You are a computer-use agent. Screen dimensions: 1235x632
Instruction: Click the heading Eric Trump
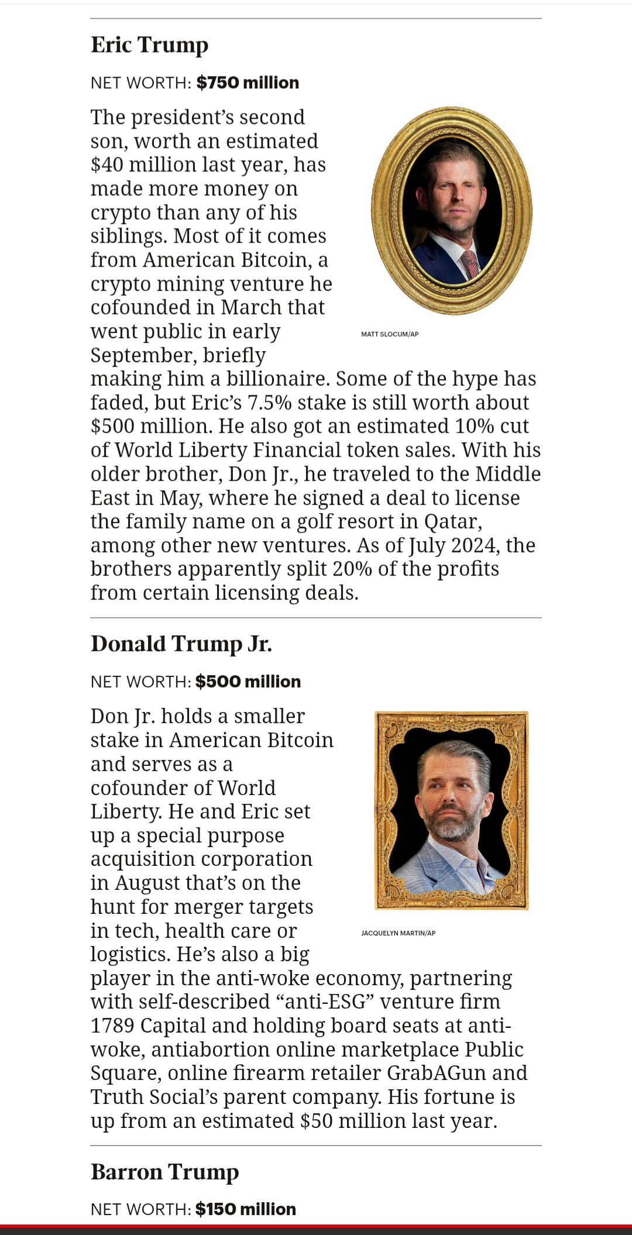click(149, 45)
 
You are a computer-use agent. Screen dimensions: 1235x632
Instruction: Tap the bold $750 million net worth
click(248, 82)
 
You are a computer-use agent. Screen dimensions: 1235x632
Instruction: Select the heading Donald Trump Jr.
click(181, 644)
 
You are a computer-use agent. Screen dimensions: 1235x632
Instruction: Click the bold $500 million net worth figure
click(248, 682)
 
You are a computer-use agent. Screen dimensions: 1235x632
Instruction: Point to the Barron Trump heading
click(164, 1172)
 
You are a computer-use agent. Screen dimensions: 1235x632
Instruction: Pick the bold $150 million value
click(246, 1209)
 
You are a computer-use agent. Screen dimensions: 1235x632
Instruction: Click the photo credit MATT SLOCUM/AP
click(390, 334)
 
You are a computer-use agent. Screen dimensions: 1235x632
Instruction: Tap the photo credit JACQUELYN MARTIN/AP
click(398, 933)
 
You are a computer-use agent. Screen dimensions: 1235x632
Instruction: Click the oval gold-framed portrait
click(451, 211)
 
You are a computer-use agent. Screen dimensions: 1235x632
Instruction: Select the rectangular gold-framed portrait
click(451, 810)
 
